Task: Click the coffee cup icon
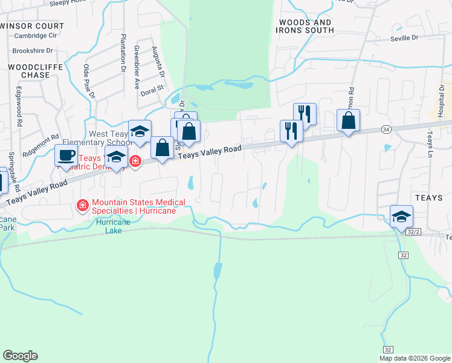pos(66,154)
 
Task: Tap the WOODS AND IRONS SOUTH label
pos(305,26)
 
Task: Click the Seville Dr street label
pos(405,38)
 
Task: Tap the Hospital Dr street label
pos(442,97)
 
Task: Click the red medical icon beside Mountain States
pos(83,207)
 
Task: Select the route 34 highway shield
pos(386,129)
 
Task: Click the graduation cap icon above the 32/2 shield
pos(401,217)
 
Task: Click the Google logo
pos(20,356)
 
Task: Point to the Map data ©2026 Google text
pos(415,358)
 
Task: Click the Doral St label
pos(152,88)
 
